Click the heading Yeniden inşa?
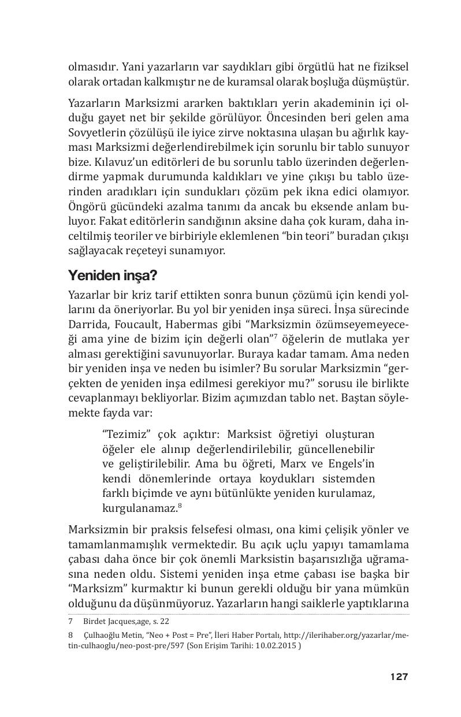click(x=110, y=274)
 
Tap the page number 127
click(x=399, y=677)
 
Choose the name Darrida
click(x=87, y=324)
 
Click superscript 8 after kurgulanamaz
click(x=180, y=506)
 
